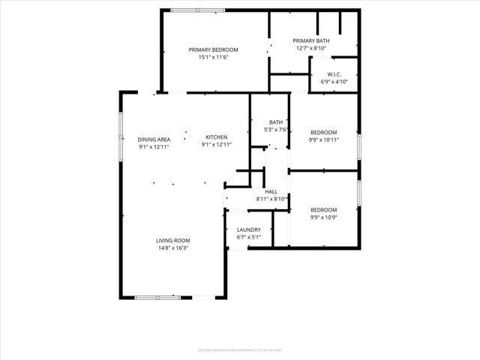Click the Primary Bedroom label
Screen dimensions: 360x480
point(213,49)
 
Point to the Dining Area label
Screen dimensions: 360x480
point(154,139)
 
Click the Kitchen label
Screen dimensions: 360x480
point(217,137)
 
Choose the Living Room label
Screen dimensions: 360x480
point(172,241)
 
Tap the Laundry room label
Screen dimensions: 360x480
point(248,230)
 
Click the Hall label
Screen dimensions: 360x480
point(271,192)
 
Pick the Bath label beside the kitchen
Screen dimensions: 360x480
point(276,122)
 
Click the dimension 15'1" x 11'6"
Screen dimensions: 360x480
point(213,57)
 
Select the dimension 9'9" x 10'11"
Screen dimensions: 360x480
point(324,139)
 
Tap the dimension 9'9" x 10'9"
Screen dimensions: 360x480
point(324,217)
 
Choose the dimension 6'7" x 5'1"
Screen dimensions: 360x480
point(248,237)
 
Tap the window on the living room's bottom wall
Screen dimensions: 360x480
point(157,298)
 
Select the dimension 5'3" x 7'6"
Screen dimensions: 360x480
point(276,129)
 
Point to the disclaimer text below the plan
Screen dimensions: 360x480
point(240,349)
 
